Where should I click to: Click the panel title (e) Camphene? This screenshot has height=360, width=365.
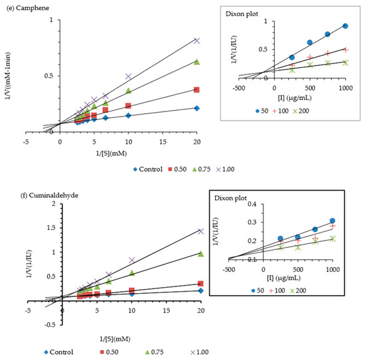(26, 6)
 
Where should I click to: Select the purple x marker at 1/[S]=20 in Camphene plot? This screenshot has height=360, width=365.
(196, 40)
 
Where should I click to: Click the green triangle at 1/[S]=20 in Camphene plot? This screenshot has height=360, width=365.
(196, 62)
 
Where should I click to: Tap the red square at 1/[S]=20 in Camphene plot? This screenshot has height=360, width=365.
(196, 90)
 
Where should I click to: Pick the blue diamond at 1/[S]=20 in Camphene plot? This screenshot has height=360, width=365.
(196, 107)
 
